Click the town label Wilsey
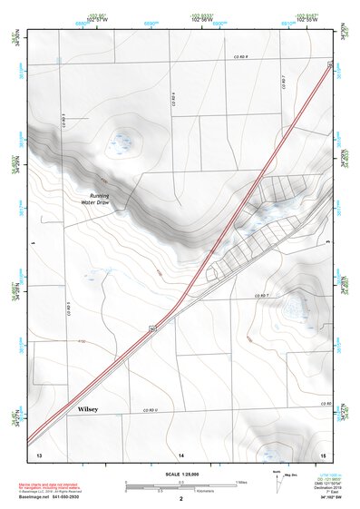(87, 409)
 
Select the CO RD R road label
(238, 56)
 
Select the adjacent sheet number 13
(39, 453)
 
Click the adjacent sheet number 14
(181, 453)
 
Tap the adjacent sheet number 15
(324, 453)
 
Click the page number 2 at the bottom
(181, 499)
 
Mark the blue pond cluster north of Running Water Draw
(121, 142)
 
